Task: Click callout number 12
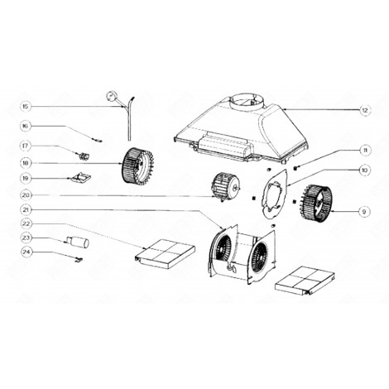[364, 110]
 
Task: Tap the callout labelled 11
[364, 150]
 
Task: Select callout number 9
[364, 211]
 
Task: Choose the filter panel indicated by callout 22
[166, 250]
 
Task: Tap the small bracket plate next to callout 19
[82, 178]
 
